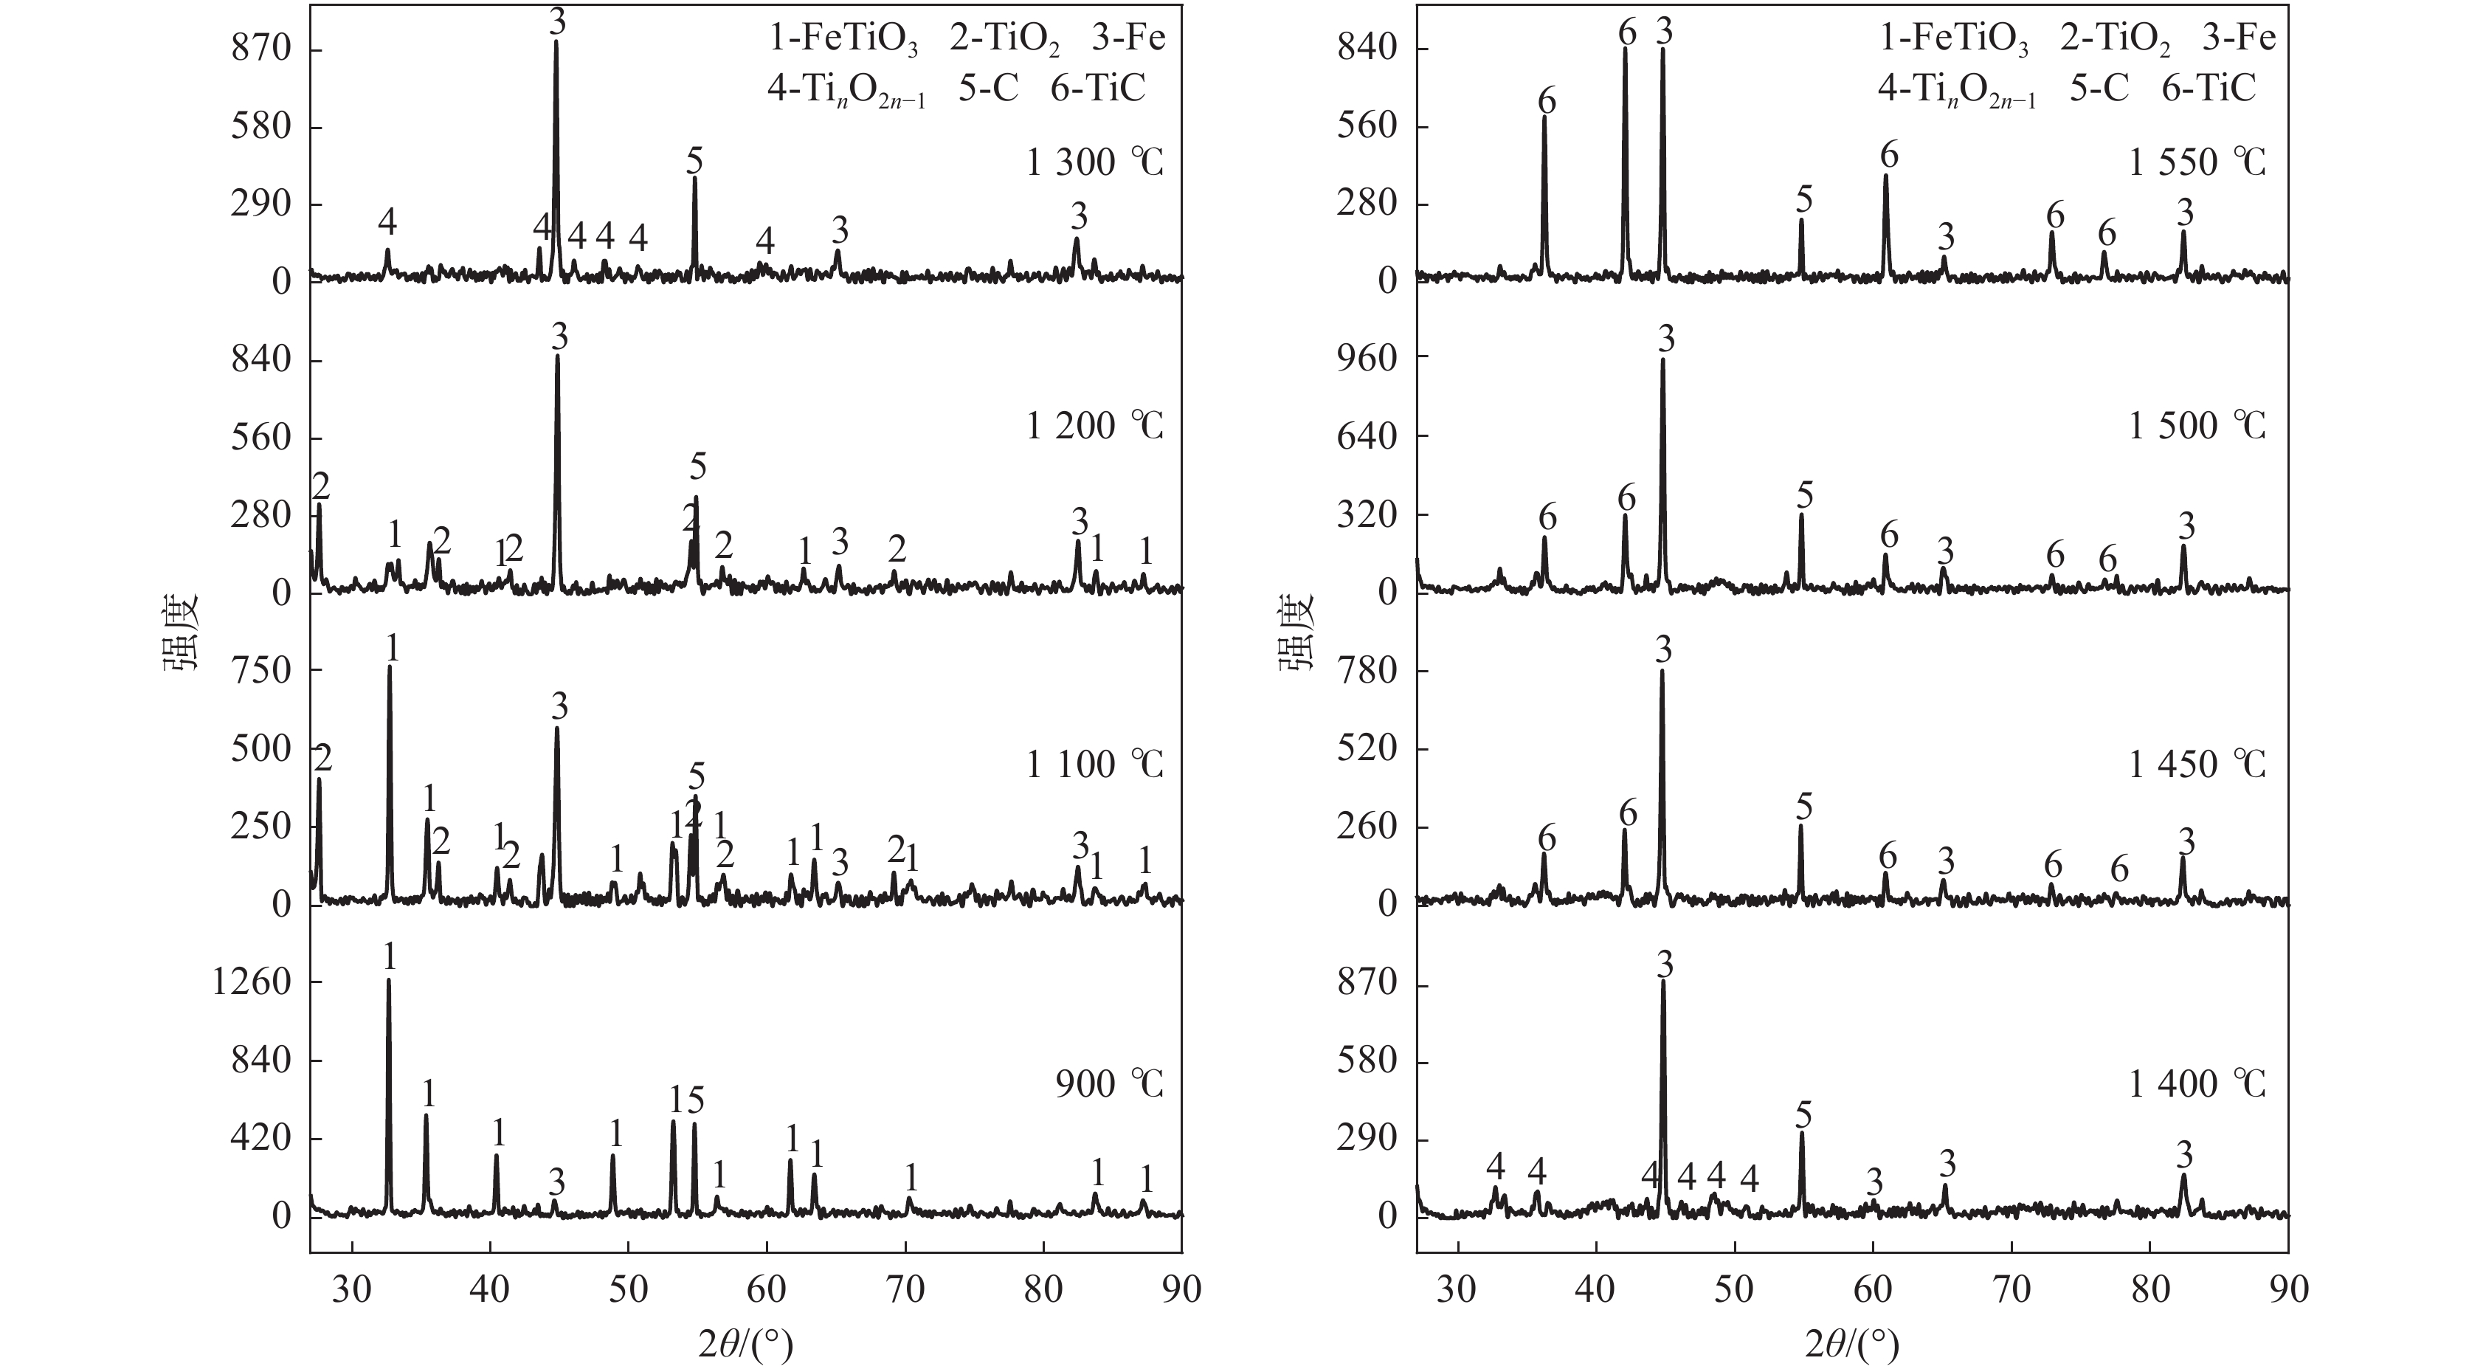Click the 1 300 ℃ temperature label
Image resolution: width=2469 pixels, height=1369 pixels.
1094,163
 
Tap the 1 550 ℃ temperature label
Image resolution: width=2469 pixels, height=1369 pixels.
2197,163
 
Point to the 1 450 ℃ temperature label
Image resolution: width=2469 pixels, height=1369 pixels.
2197,764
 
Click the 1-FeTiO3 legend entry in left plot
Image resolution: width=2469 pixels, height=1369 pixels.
843,39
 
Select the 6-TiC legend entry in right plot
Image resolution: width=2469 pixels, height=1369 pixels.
2209,89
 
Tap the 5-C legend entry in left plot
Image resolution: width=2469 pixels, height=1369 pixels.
988,89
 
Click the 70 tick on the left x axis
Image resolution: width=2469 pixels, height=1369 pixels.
905,1289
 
